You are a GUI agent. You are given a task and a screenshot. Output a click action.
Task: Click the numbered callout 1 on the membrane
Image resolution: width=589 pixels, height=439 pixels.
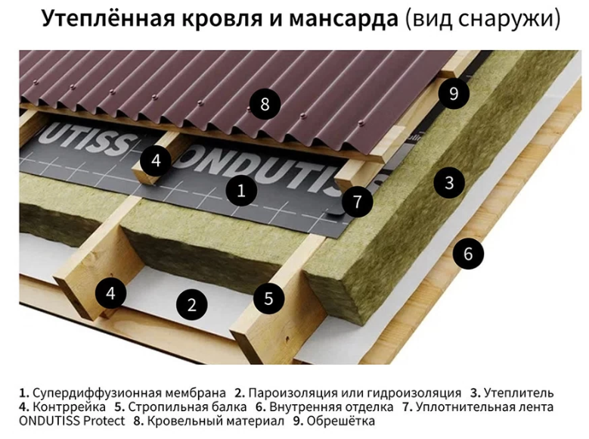241,190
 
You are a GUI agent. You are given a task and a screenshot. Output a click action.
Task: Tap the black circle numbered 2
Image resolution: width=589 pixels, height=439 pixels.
192,304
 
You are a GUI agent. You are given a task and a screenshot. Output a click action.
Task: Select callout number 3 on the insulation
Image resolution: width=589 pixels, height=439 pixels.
449,183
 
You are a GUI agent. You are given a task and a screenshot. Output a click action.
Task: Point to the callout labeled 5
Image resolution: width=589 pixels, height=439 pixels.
268,298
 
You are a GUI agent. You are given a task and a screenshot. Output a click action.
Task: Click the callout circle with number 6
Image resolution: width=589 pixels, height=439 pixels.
468,254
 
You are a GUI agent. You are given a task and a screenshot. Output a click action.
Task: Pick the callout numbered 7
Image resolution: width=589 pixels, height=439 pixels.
357,201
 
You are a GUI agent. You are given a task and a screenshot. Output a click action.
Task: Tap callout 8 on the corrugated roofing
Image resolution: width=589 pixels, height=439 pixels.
265,104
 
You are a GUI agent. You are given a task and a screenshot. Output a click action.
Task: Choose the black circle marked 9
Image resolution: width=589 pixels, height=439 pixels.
454,93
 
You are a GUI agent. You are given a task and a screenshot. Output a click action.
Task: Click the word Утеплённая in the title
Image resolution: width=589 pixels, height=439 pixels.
109,18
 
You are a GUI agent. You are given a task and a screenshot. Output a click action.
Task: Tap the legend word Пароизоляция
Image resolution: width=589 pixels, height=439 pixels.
293,393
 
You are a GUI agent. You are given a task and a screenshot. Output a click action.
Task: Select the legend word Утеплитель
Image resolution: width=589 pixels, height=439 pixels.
519,393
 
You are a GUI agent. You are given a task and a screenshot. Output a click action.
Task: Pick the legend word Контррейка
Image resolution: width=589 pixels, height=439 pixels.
70,407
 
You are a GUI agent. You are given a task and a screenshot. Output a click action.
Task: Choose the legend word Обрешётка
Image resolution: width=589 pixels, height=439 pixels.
341,421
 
